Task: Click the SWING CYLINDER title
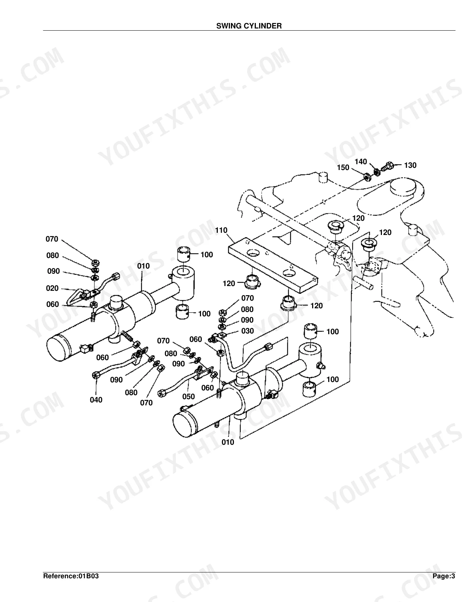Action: coord(249,26)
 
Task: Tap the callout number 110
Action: coord(221,230)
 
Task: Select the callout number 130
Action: coord(410,165)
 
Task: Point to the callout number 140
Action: coord(361,162)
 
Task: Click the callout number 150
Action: coord(343,167)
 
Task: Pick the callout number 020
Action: coord(52,288)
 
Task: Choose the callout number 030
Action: coord(247,331)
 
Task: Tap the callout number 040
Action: coord(96,400)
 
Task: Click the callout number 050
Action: coord(189,397)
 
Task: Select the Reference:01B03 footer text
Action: coord(71,576)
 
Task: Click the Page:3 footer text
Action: coord(444,576)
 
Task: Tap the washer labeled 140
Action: coord(377,172)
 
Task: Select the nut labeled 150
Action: coord(367,177)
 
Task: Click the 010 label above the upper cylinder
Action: coord(144,266)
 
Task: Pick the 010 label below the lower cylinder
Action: coord(228,443)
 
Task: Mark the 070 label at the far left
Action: coord(52,239)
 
